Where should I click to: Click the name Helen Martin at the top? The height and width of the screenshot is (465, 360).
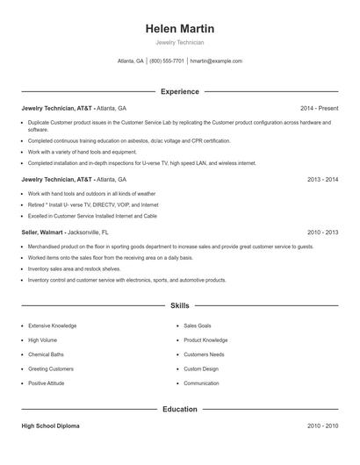click(x=180, y=29)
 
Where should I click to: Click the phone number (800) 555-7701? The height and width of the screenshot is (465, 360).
click(x=167, y=61)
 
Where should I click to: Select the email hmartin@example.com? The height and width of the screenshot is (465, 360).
click(x=216, y=61)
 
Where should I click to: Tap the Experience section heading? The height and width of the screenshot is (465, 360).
click(x=180, y=91)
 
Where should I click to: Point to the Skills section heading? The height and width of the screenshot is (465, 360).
click(x=180, y=306)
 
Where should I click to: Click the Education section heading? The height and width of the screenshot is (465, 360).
click(x=180, y=409)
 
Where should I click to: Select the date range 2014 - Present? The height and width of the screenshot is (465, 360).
click(x=319, y=108)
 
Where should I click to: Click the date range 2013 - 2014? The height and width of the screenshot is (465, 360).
click(x=322, y=179)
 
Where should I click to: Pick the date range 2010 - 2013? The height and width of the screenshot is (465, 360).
click(x=322, y=232)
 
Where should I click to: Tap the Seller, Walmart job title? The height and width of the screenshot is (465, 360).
click(x=43, y=232)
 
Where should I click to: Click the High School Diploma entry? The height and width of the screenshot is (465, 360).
click(x=50, y=426)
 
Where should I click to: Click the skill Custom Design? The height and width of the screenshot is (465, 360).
click(x=201, y=368)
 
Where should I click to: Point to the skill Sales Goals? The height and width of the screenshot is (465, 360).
click(x=198, y=325)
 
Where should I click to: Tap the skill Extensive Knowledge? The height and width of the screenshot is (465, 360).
click(x=52, y=325)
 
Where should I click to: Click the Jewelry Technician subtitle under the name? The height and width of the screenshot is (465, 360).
click(x=180, y=42)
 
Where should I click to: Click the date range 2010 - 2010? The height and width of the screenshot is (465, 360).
click(x=322, y=426)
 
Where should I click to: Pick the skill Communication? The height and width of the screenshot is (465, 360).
click(x=201, y=383)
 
